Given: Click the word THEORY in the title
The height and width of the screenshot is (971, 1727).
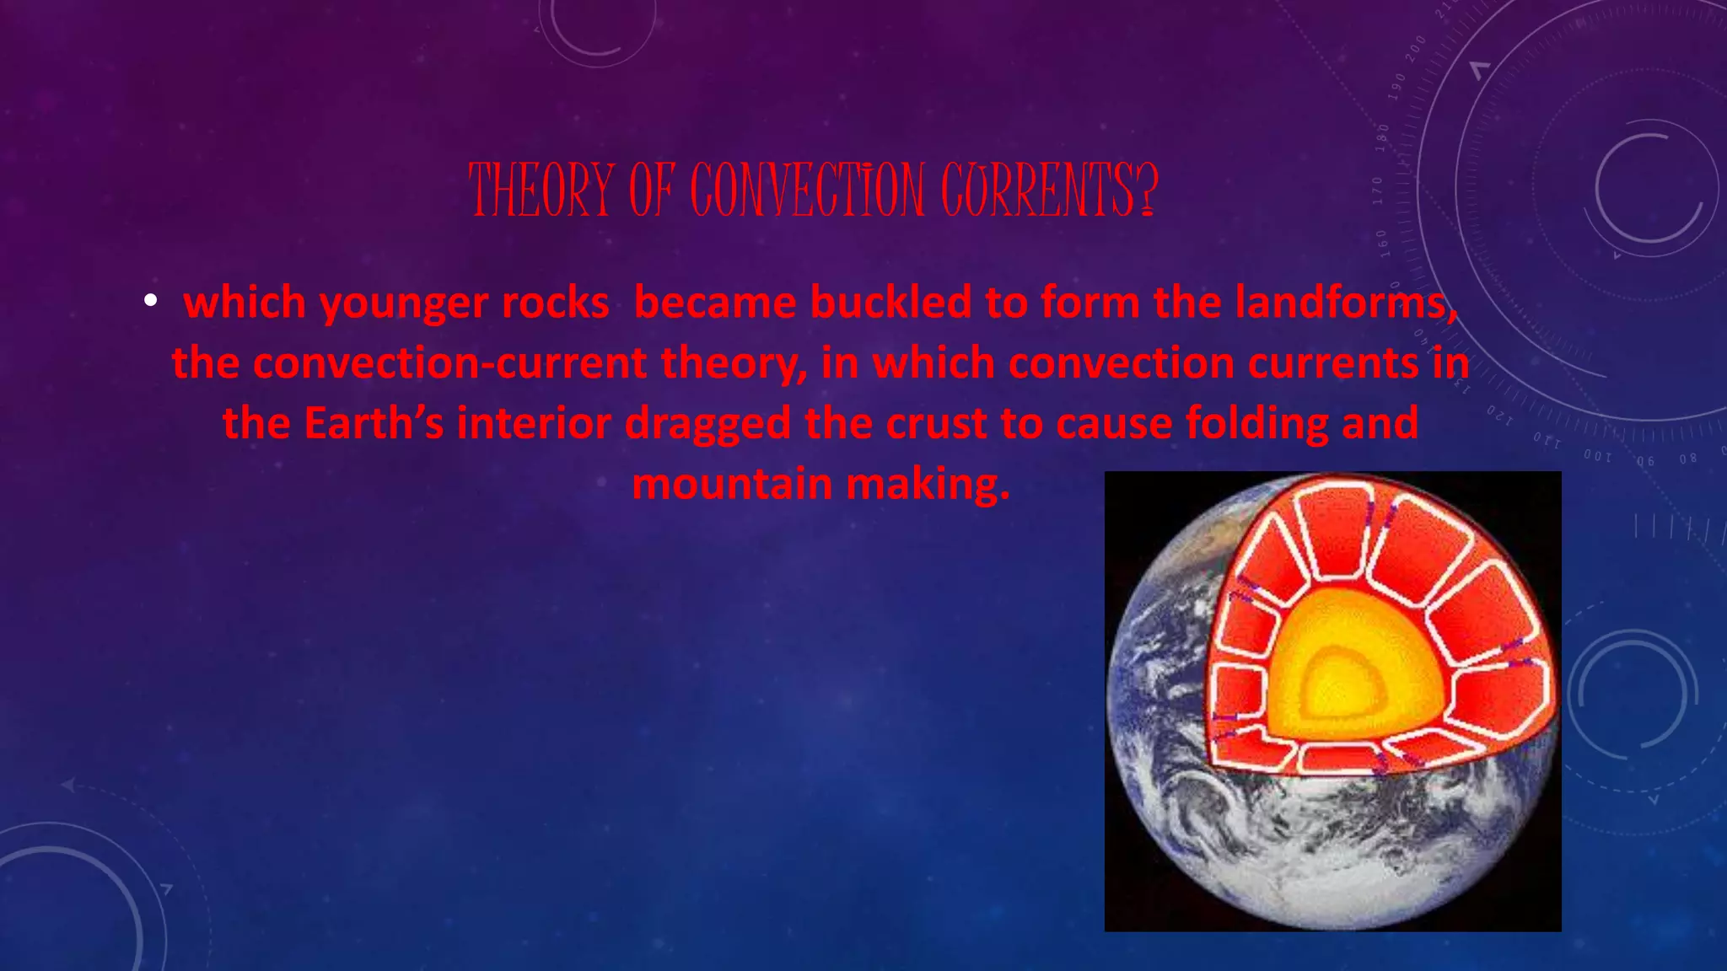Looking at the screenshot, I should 541,190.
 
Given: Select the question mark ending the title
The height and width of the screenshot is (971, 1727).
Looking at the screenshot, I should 1148,190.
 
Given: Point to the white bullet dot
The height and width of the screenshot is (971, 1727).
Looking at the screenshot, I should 150,300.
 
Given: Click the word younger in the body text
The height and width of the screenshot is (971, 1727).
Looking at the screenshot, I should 405,303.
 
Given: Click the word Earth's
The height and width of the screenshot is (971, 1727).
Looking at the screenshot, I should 374,423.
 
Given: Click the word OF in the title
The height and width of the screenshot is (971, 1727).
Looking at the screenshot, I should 651,190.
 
